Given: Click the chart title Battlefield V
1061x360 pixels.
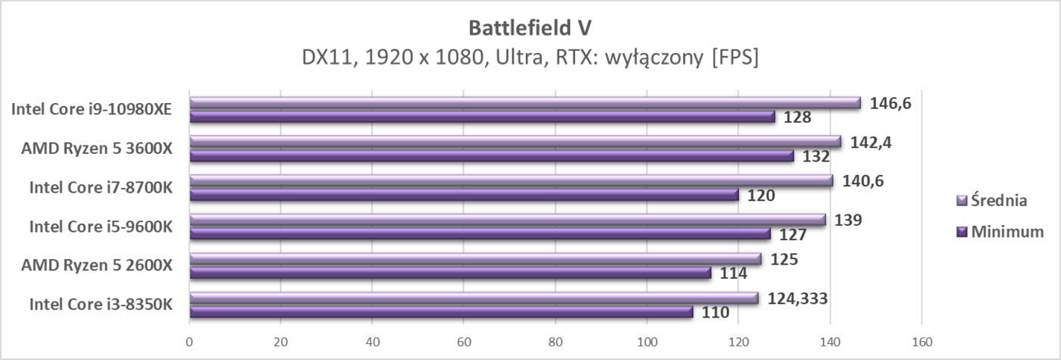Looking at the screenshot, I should click(530, 27).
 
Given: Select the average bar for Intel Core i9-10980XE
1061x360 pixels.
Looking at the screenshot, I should click(524, 102).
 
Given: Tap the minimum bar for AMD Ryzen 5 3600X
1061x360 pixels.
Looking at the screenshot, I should click(491, 155).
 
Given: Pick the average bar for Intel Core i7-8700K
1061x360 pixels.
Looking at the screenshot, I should click(511, 180).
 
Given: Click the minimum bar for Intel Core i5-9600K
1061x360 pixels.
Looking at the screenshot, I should click(479, 233).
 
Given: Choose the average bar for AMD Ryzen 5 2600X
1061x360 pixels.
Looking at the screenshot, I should click(474, 258).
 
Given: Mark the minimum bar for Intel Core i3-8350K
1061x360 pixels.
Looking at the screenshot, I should click(440, 311).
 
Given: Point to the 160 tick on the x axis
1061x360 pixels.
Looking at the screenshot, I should click(922, 342).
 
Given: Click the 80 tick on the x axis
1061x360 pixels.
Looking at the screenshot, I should click(556, 342).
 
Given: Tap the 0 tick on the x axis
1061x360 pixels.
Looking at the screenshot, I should click(189, 342).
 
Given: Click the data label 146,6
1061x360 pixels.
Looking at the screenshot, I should click(889, 102).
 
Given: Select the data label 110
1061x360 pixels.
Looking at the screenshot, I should click(715, 312).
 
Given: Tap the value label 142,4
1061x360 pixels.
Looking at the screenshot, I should click(869, 142).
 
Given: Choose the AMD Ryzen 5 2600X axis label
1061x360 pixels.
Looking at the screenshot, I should click(97, 265).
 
